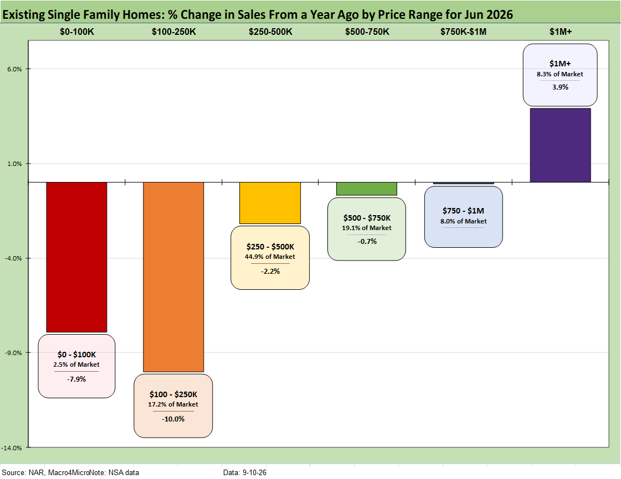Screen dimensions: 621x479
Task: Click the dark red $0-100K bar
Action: [x=76, y=257]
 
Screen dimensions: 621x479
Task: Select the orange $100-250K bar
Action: [x=173, y=277]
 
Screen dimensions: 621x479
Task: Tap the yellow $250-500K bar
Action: [x=270, y=203]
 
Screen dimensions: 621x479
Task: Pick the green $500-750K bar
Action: [x=367, y=189]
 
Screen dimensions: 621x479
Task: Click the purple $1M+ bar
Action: [x=561, y=145]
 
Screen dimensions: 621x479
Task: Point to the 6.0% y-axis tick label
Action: [x=14, y=69]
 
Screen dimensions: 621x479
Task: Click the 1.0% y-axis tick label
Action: [x=14, y=164]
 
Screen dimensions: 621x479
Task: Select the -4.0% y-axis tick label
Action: [x=13, y=258]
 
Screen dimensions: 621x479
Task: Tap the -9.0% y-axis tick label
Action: [x=13, y=353]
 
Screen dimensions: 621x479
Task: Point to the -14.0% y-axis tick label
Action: [x=12, y=448]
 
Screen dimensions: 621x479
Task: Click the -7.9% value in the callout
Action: [x=76, y=379]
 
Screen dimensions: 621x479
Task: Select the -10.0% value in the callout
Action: [x=173, y=419]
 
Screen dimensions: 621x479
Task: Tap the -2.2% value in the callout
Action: [x=270, y=272]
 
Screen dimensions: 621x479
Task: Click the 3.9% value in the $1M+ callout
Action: [x=561, y=87]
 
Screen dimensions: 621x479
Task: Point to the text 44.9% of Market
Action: [x=270, y=257]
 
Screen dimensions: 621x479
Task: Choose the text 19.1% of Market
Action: [x=367, y=228]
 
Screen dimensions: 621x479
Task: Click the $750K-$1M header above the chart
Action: [x=463, y=32]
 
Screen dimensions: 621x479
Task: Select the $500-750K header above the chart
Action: [x=367, y=32]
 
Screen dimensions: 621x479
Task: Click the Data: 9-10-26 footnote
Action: [x=245, y=473]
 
